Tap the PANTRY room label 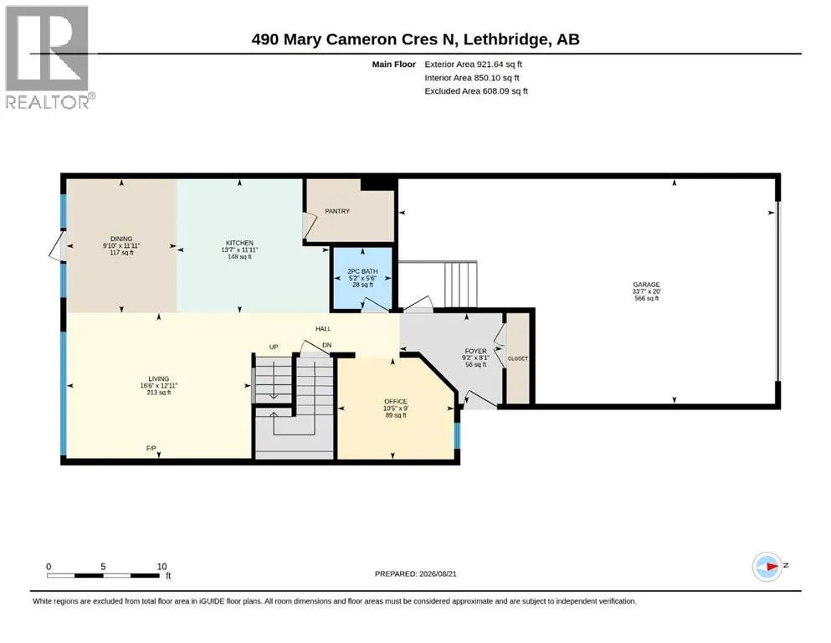337,211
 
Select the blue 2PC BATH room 362,278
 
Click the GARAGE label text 646,285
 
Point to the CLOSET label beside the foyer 518,358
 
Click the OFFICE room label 396,401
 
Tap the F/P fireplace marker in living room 151,449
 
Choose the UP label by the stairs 274,347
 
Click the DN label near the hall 327,345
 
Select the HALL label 323,329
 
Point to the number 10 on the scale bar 162,566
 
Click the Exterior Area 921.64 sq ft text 474,64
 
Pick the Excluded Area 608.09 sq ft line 476,91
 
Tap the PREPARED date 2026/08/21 438,574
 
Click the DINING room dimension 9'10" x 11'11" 121,246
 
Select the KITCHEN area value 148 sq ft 239,256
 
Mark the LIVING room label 158,378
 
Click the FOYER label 475,351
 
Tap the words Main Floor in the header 394,64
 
